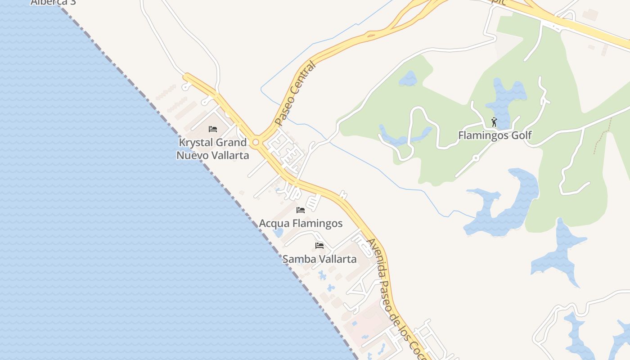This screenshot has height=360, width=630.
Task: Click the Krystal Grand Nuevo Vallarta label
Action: click(x=212, y=149)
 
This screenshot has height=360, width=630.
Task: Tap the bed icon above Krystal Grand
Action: click(x=213, y=129)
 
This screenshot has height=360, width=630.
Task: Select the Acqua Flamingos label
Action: click(x=301, y=223)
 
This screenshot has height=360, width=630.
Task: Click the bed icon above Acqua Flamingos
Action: click(x=301, y=210)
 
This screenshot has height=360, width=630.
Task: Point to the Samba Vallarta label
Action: click(x=319, y=259)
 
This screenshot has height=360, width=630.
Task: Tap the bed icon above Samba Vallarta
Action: click(x=319, y=245)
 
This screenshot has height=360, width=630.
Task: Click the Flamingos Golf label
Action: click(x=495, y=135)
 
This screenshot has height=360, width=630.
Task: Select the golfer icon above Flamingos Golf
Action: click(x=494, y=122)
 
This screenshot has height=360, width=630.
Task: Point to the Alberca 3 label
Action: click(x=53, y=2)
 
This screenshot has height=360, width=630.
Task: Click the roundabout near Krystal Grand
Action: click(x=256, y=143)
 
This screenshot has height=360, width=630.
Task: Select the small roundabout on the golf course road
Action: click(x=476, y=158)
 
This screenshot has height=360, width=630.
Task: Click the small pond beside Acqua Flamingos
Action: click(x=278, y=233)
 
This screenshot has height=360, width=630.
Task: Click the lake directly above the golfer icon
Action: click(x=506, y=97)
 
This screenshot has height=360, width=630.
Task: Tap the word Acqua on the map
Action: click(x=274, y=224)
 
